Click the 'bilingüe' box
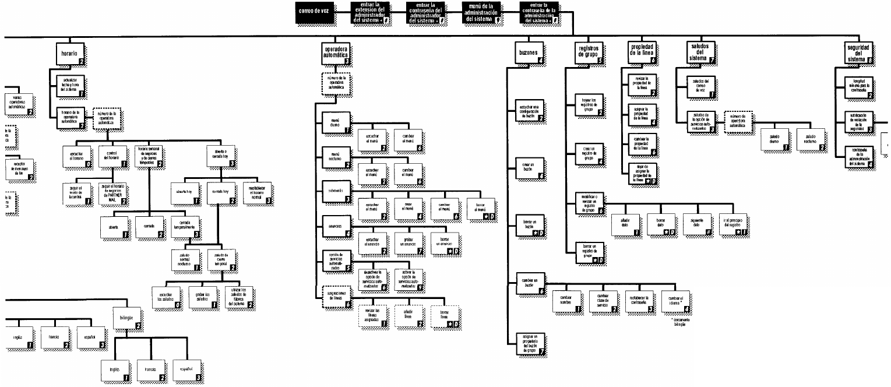[126, 318]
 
